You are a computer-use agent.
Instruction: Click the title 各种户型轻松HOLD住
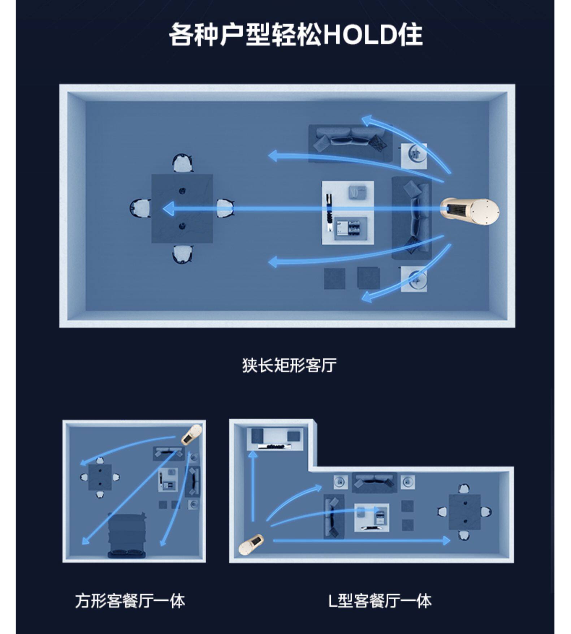click(295, 35)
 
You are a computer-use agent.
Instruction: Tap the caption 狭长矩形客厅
click(289, 365)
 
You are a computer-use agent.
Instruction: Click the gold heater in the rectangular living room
click(470, 211)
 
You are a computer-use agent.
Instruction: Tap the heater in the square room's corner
click(191, 434)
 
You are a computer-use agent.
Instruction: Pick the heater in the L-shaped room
click(251, 544)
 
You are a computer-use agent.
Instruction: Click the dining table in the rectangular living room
click(182, 208)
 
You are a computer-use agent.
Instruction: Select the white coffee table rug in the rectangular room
click(348, 213)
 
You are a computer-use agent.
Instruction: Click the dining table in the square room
click(100, 477)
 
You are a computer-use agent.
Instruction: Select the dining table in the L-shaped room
click(464, 512)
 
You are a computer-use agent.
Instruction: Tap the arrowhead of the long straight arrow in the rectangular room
click(168, 209)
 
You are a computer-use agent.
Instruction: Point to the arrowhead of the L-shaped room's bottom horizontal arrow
click(447, 540)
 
